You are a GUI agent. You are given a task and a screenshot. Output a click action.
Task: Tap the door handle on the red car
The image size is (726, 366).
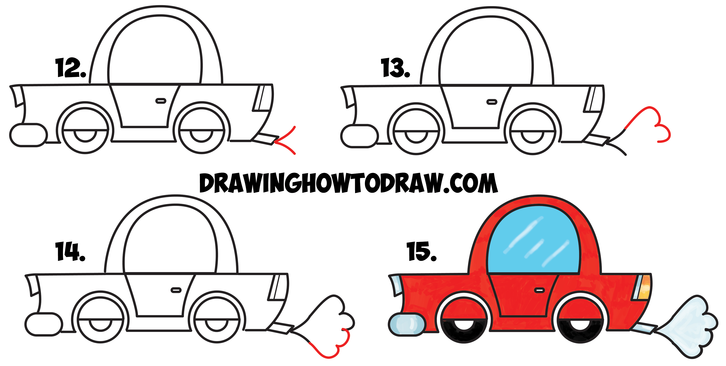539,290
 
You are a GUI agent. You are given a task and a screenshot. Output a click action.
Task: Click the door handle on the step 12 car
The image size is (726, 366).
161,101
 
